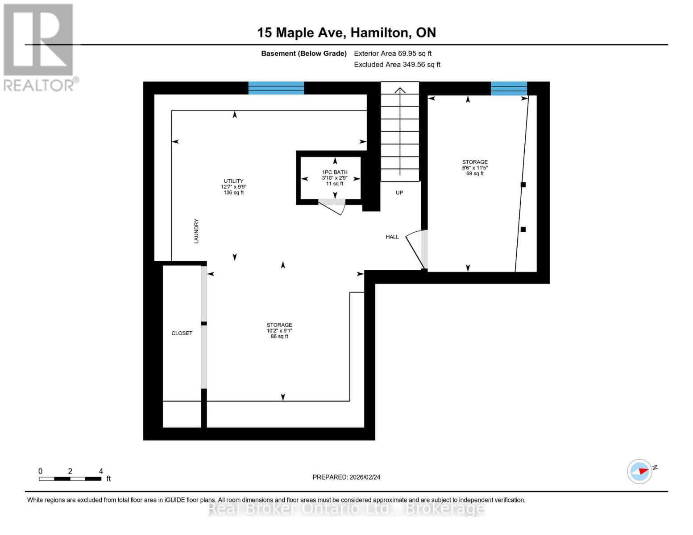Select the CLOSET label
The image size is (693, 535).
pos(182,333)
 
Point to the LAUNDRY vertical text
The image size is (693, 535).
pos(196,231)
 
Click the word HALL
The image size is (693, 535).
pos(392,237)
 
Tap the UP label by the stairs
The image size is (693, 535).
pos(399,193)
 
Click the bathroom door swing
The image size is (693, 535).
pos(334,206)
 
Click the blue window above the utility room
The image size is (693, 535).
pos(276,88)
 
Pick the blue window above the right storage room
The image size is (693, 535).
pos(509,88)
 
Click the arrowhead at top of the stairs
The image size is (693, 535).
pos(400,91)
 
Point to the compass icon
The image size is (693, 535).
pos(639,471)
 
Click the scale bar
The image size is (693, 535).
pos(70,479)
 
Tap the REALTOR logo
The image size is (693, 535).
pos(39,47)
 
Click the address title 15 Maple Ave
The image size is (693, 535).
pos(346,33)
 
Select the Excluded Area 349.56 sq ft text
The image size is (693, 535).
pos(397,65)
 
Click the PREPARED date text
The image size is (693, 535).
pos(346,477)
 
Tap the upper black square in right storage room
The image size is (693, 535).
pos(523,185)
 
